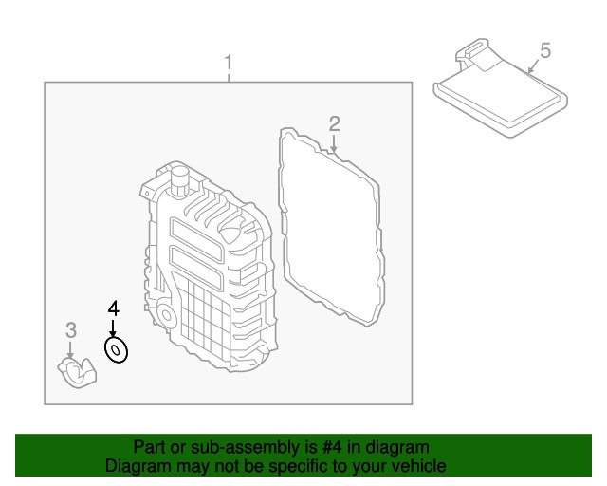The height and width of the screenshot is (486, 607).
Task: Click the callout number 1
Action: (228, 64)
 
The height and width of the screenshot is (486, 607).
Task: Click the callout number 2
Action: (334, 122)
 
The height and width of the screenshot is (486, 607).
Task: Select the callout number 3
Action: (70, 330)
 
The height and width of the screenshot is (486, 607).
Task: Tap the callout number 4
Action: (113, 308)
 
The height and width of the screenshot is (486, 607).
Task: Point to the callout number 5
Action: (544, 49)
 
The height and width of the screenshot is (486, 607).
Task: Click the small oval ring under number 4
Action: (116, 351)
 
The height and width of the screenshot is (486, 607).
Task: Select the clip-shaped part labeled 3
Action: (78, 371)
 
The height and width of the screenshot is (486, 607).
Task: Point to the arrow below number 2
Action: (334, 142)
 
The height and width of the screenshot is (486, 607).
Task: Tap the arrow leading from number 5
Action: (533, 66)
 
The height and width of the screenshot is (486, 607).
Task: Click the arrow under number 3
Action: (70, 349)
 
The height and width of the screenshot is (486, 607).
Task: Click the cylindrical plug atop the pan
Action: (177, 178)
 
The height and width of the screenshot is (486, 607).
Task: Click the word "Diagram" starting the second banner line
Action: (136, 466)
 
